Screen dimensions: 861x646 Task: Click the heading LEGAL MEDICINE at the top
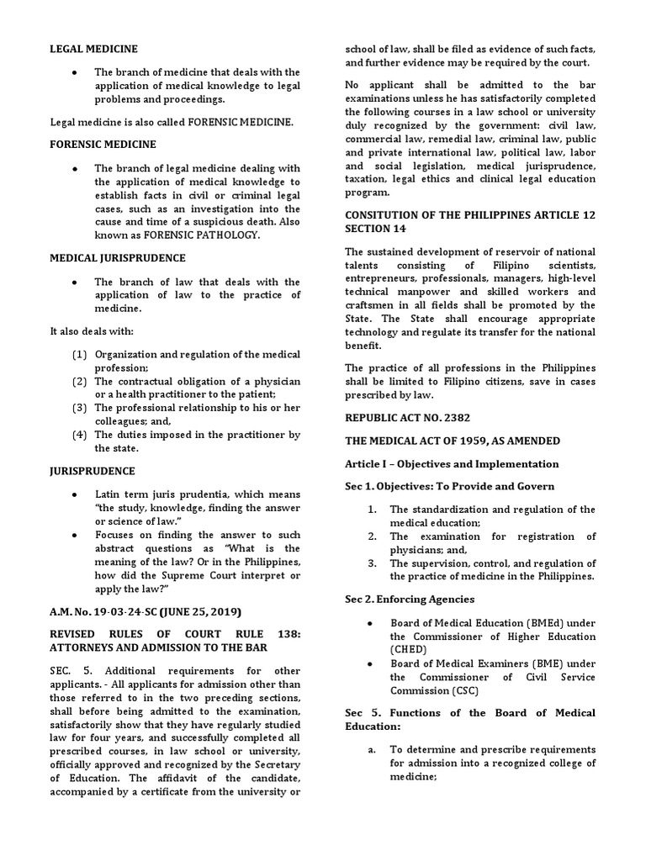coord(93,50)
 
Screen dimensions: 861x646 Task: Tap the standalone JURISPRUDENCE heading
coord(93,471)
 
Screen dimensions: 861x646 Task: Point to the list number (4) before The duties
coord(80,435)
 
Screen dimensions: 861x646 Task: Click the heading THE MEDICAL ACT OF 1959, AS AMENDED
coord(453,441)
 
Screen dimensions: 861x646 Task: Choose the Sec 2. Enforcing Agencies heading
coord(410,599)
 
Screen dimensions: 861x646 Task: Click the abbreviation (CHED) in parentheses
coord(409,650)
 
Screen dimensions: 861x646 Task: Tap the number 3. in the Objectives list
coord(371,563)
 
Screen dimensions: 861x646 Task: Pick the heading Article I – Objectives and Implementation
coord(452,463)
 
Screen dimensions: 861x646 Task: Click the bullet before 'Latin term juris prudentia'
coord(76,494)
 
